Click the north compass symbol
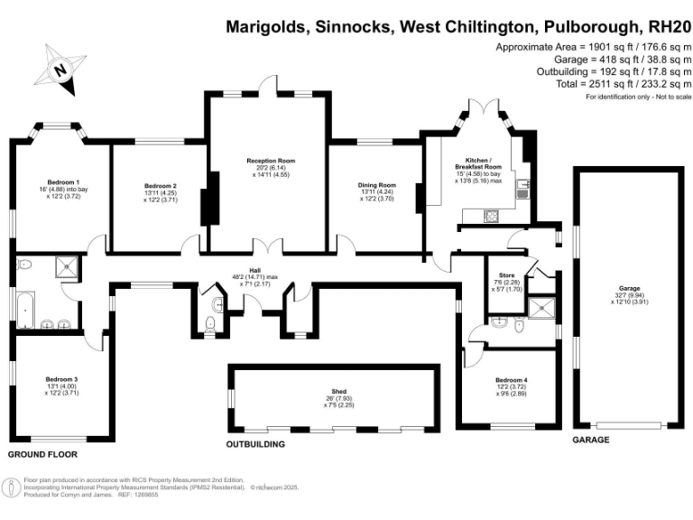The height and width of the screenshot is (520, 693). (59, 68)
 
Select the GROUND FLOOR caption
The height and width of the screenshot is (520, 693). (42, 454)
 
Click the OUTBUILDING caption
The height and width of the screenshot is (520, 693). (255, 444)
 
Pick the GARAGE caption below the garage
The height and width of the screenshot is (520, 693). (591, 440)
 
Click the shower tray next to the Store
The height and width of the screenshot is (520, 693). (543, 308)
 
